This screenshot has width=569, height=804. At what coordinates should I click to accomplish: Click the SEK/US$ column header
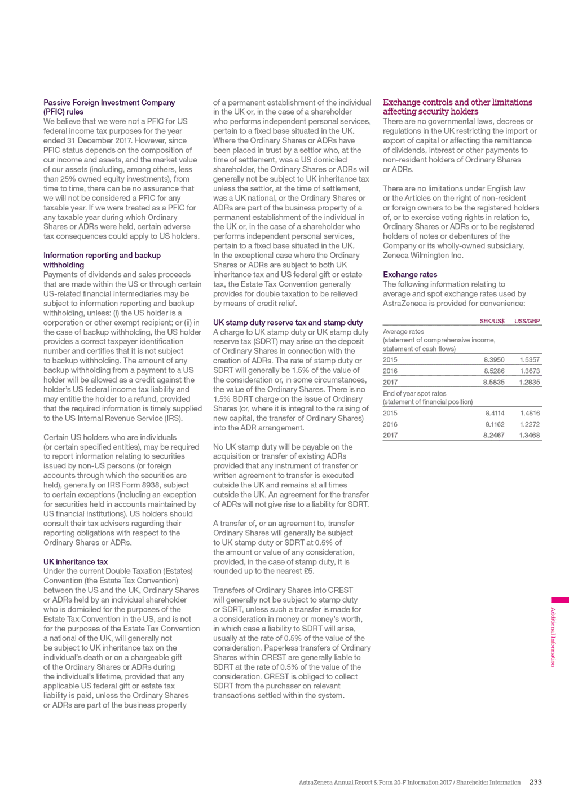tap(492, 321)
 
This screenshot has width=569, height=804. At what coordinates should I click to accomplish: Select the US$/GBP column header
tap(527, 321)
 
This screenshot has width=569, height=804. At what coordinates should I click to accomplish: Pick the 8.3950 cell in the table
tap(494, 359)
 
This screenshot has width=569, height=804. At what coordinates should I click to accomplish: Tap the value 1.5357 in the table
tap(530, 359)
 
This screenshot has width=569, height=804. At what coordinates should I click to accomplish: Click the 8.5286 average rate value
tap(494, 371)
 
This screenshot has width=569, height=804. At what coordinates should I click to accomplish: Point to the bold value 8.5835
tap(493, 382)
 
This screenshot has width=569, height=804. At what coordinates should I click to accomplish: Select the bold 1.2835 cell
tap(529, 382)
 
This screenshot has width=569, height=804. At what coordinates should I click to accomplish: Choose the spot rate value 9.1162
tap(495, 424)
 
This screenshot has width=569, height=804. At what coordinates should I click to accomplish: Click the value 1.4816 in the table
tap(530, 413)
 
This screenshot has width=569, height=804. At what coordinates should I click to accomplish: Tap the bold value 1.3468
tap(529, 435)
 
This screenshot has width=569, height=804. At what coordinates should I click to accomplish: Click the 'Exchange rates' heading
tap(410, 275)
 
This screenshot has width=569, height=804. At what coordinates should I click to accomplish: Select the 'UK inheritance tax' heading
tap(76, 562)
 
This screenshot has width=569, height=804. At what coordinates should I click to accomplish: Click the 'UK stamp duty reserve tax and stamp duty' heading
tap(288, 323)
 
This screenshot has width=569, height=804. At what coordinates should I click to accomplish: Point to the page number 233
tap(535, 782)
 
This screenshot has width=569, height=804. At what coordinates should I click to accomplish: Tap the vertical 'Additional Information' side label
tap(553, 637)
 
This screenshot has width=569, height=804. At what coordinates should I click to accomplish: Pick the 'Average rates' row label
tap(403, 332)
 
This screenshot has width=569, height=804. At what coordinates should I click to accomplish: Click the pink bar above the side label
tap(559, 600)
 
